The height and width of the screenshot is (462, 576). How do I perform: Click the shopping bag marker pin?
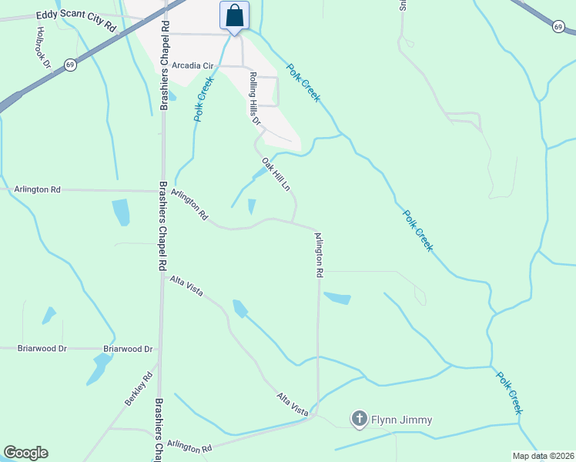(x=234, y=16)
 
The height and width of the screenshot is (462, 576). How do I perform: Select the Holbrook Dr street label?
(x=43, y=47)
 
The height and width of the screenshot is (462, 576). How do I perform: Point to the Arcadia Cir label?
(x=192, y=65)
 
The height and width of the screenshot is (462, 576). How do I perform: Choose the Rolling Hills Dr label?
(x=255, y=99)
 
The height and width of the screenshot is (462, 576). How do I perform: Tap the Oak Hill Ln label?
(x=276, y=175)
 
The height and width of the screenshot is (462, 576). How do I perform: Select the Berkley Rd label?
(x=139, y=390)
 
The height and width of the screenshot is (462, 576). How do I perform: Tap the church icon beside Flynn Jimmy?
(x=359, y=420)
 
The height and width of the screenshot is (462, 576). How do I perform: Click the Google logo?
(x=25, y=453)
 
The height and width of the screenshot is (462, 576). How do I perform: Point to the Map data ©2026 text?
(x=543, y=456)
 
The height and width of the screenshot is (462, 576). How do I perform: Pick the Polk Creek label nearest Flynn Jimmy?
(x=509, y=393)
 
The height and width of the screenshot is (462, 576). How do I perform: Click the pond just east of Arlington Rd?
(x=337, y=297)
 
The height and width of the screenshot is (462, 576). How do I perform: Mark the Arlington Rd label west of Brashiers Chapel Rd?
(x=37, y=189)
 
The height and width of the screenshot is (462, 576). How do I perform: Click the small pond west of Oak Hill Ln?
(x=252, y=206)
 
